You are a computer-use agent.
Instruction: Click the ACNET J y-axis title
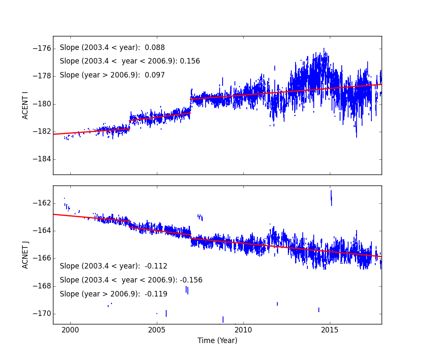click(x=25, y=255)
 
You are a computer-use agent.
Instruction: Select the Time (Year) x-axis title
click(x=217, y=341)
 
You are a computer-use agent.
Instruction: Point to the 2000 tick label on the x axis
click(x=70, y=330)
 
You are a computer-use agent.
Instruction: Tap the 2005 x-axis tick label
click(x=157, y=330)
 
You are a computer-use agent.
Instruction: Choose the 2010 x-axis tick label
click(x=243, y=330)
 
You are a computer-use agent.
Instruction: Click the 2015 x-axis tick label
click(x=330, y=330)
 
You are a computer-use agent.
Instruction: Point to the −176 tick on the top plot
click(x=42, y=48)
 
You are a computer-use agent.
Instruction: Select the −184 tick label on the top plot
click(x=42, y=159)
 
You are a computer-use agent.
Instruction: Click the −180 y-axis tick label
click(x=42, y=104)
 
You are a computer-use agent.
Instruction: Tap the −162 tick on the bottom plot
click(x=42, y=203)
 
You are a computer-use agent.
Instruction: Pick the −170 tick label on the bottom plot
click(x=42, y=314)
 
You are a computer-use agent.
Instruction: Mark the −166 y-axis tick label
click(x=42, y=258)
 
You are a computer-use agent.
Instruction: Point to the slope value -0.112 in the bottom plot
click(x=156, y=266)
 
